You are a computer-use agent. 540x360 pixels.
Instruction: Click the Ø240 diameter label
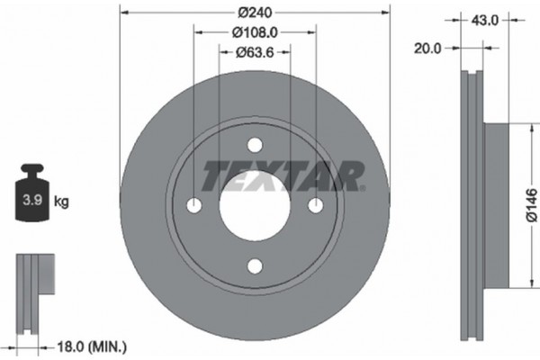[255, 13]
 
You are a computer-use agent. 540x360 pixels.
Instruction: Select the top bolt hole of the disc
[255, 146]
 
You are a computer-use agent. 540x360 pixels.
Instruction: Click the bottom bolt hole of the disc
[255, 265]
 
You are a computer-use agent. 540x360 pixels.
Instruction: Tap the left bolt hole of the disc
[194, 205]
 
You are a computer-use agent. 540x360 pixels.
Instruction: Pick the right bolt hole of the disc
[315, 205]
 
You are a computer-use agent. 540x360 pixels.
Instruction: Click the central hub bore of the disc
[255, 205]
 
